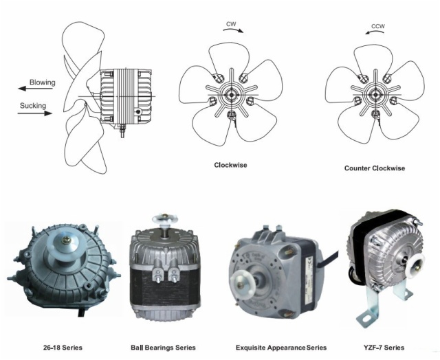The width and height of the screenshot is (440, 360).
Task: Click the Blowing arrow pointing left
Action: (x=35, y=89)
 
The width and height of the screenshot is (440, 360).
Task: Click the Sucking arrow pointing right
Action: (x=35, y=113)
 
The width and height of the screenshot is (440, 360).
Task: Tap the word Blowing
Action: (x=43, y=82)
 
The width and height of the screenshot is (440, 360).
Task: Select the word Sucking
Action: (x=33, y=106)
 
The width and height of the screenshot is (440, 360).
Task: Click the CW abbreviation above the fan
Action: (x=231, y=24)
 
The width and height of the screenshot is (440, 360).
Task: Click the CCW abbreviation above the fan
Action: (x=378, y=26)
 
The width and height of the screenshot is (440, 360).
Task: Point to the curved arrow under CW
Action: (x=233, y=30)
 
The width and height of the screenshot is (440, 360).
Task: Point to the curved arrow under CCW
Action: (x=375, y=32)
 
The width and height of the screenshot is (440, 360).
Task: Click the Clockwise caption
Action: (x=231, y=165)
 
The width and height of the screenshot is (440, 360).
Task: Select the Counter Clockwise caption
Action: (x=375, y=168)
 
